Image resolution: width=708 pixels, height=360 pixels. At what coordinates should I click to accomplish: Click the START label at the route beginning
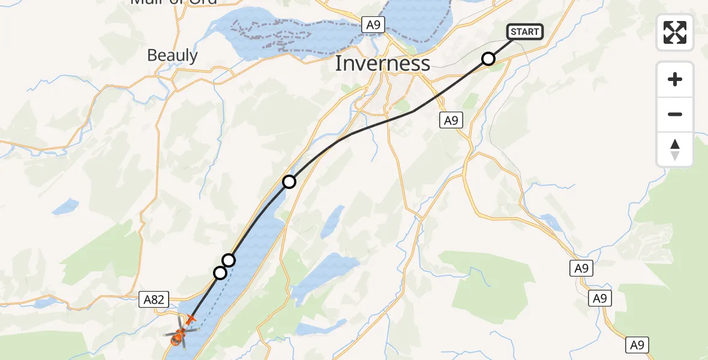point(525,32)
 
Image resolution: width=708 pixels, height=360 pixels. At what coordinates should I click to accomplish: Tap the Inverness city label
point(382,64)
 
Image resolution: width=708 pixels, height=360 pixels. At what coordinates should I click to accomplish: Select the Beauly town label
point(172,56)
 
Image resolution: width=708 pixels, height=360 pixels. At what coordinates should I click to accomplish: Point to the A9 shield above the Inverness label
point(373,25)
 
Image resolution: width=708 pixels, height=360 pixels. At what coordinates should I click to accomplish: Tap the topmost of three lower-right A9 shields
point(581,268)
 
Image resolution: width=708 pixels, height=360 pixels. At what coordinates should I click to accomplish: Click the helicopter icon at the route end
point(178,336)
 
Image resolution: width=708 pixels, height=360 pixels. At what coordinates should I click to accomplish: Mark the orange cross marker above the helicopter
point(191,319)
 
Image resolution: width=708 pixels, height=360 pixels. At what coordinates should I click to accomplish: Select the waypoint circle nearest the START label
point(488,59)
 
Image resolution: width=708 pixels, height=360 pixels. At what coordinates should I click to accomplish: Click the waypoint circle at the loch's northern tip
point(289,181)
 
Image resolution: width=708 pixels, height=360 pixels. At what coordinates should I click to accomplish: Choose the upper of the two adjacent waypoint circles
point(229,260)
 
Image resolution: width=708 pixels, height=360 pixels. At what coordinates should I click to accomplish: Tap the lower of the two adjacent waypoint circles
point(220,273)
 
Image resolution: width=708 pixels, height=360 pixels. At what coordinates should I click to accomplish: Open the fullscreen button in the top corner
point(675,32)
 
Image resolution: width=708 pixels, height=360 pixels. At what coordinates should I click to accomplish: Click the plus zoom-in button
point(675,79)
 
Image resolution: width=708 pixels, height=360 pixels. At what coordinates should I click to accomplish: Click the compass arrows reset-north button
point(675,149)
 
